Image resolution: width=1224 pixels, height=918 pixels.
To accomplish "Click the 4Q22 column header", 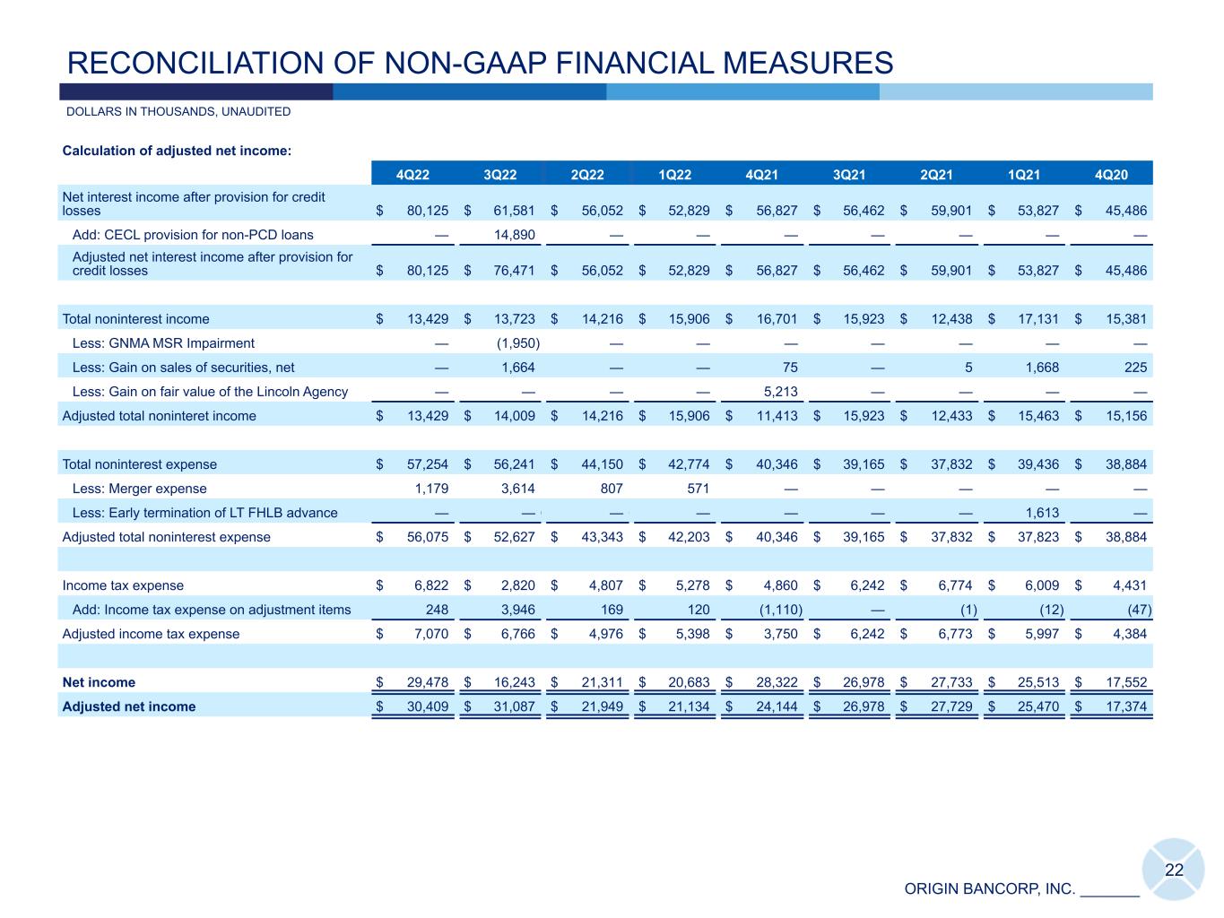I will point(412,175).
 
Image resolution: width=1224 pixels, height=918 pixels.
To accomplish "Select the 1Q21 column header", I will point(1024,175).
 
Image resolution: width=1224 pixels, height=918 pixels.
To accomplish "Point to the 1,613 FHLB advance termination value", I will point(1042,513).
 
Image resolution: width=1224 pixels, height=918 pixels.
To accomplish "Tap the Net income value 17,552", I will point(1126,682).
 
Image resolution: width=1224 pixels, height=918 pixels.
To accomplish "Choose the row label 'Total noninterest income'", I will point(135,319).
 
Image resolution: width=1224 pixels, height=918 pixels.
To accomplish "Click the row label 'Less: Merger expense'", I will point(139,489).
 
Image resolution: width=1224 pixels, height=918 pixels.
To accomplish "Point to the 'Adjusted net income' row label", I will point(128,706).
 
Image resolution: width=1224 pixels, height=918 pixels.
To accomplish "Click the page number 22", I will point(1174,870).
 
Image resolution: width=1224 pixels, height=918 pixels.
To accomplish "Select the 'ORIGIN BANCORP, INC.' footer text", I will point(989,889).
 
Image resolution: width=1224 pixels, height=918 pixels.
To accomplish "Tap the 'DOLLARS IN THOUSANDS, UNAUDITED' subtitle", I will point(178,112).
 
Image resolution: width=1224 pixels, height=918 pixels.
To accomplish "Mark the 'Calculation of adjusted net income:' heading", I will point(177,151).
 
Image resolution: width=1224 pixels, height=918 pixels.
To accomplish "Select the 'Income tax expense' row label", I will point(123,585).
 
